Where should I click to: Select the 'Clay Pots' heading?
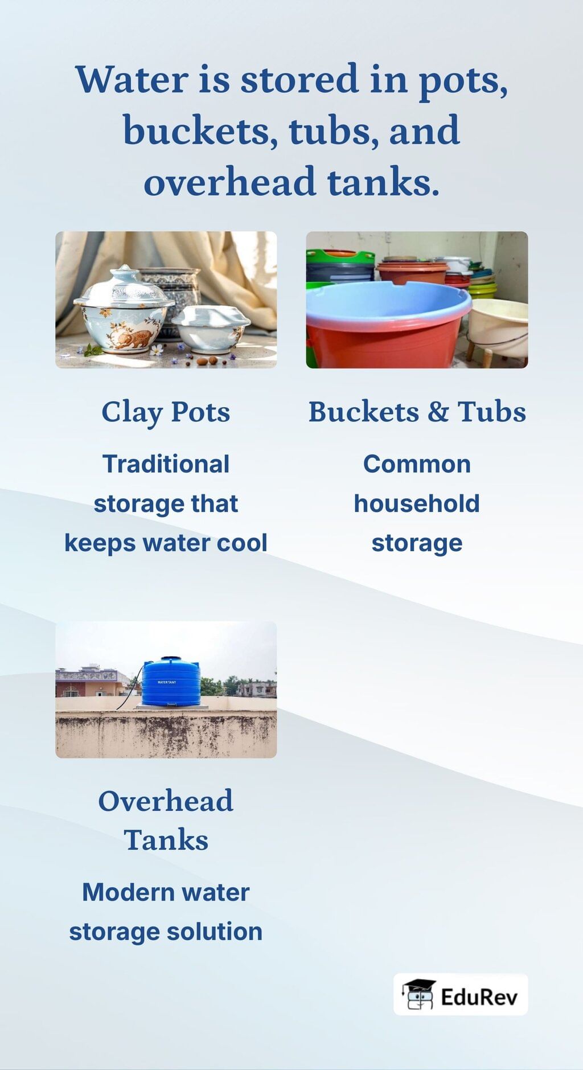tap(166, 412)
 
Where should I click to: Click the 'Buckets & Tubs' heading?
tap(417, 412)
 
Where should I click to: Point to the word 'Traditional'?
tap(166, 464)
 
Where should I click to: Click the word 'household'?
tap(417, 503)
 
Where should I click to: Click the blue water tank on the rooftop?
tap(170, 682)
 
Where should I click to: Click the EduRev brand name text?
tap(479, 997)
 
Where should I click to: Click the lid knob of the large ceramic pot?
tap(124, 270)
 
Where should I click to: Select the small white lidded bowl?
tap(210, 329)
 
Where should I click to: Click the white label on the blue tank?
tap(167, 682)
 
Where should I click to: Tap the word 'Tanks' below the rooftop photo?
tap(166, 840)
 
